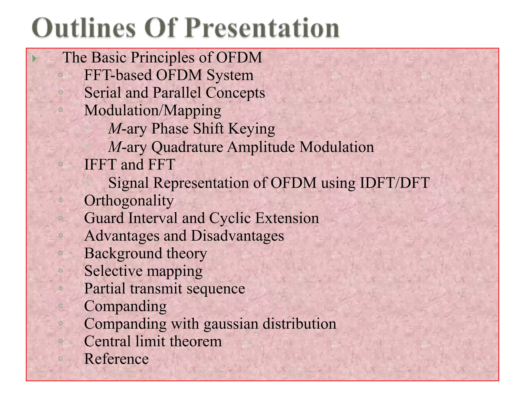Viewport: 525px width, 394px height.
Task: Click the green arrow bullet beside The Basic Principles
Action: [x=34, y=59]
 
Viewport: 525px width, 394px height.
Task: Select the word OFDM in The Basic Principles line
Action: [x=239, y=57]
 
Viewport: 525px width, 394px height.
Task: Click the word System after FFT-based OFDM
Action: [x=230, y=75]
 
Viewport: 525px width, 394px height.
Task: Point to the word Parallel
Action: [x=177, y=93]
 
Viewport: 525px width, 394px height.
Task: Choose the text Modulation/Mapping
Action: [x=153, y=111]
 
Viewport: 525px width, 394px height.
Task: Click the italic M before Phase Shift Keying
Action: [x=115, y=129]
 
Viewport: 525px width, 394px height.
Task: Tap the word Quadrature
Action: [x=187, y=147]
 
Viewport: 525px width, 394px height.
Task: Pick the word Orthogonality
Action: [x=129, y=201]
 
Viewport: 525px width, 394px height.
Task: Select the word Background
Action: [x=123, y=253]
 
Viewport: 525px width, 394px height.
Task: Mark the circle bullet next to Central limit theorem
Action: [x=61, y=341]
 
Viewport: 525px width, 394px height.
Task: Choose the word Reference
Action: [x=116, y=359]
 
